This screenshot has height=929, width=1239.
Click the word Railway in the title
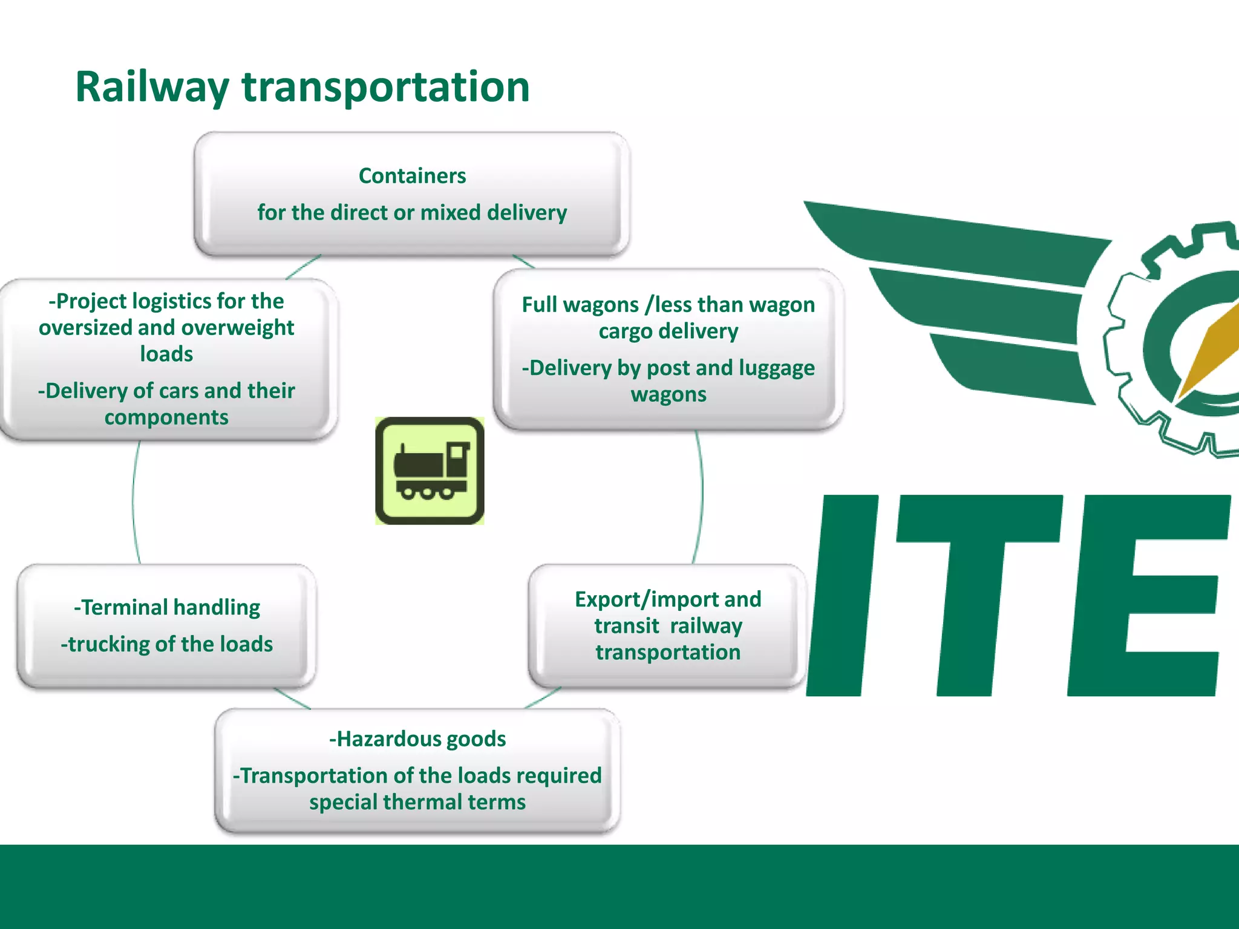pos(152,87)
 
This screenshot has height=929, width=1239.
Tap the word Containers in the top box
pos(412,176)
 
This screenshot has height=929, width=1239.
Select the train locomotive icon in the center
pos(430,471)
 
